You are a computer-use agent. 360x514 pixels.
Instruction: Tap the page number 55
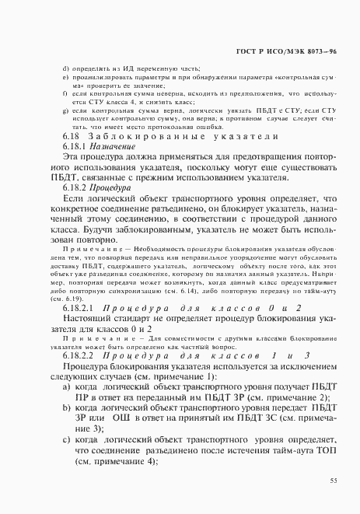[333, 481]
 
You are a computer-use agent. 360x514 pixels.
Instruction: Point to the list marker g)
[65, 111]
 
